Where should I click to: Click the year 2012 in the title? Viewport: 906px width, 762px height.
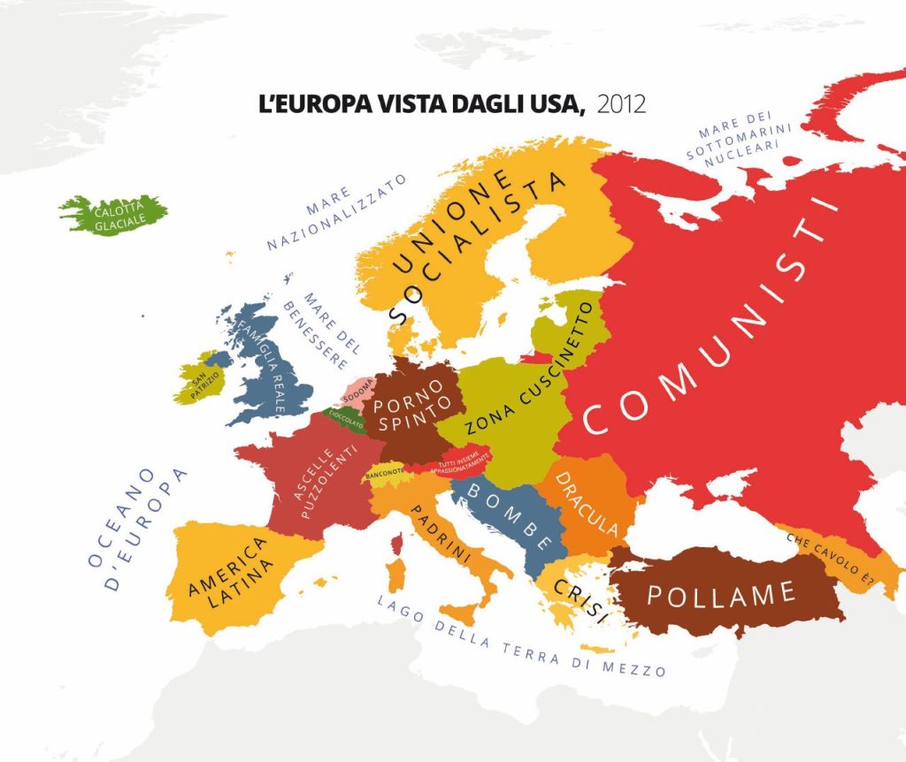(621, 104)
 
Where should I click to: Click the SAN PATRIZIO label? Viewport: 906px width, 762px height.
(204, 385)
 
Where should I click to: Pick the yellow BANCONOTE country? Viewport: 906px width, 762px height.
(385, 472)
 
